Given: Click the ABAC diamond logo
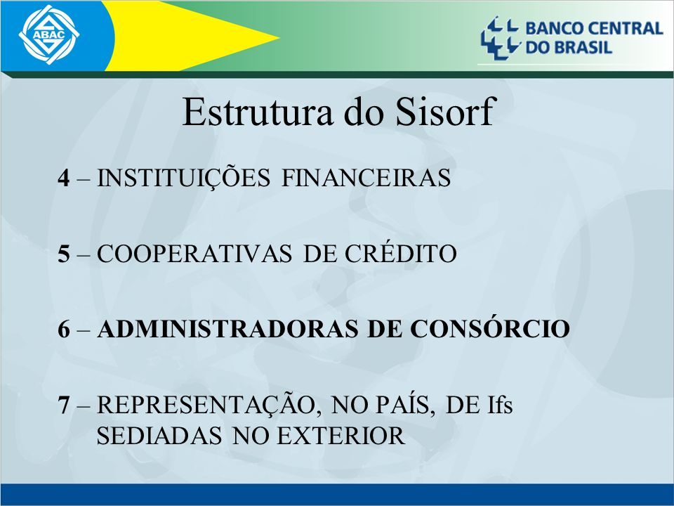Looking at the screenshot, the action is coord(49,35).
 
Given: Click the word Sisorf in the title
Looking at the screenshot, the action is coord(444,112).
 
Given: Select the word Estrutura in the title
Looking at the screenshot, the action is coord(258,112).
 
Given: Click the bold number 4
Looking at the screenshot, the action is coord(64,178).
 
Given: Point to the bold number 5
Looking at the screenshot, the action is coord(64,254).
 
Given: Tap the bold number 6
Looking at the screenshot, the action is coord(64,329).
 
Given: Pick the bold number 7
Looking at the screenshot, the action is coord(64,405).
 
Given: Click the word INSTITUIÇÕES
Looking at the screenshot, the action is coord(183,177).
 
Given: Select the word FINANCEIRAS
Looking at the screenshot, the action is coord(366,178).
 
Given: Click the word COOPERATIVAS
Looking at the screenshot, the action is coord(194,254).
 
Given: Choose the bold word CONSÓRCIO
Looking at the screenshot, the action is coord(490,328).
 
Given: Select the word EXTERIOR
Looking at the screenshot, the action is coord(340,436).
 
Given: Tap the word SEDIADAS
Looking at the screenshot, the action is coord(159,436).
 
